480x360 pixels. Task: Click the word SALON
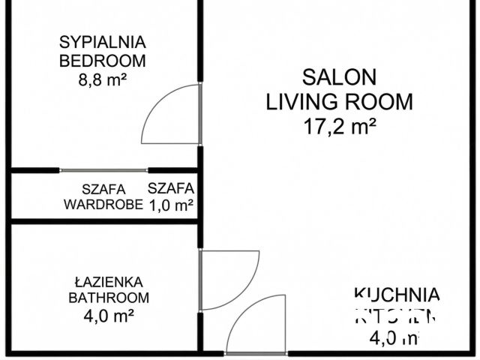[339, 76]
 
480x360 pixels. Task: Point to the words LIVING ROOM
[339, 101]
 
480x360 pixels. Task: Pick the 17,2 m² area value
[339, 126]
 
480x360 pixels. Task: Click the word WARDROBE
[103, 204]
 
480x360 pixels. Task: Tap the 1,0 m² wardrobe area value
[171, 204]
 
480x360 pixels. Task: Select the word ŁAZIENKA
[109, 282]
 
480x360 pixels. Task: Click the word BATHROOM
[109, 298]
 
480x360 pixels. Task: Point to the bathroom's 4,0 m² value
[109, 316]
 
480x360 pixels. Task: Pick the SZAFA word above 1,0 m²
[171, 188]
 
